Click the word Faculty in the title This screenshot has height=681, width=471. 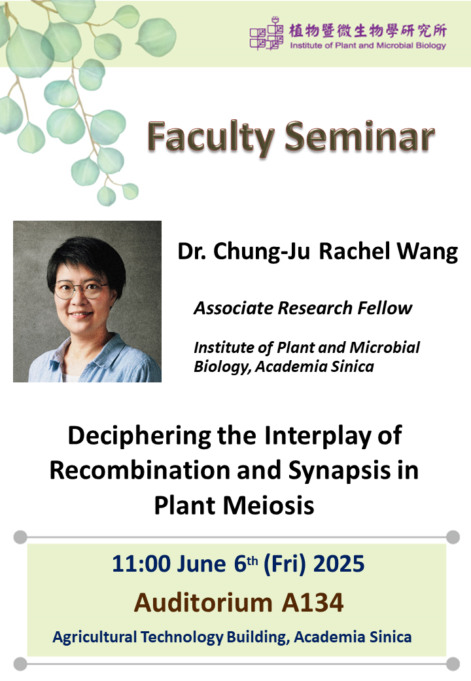tap(211, 138)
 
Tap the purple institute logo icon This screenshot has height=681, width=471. tap(266, 33)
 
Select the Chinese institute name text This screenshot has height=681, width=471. tap(368, 30)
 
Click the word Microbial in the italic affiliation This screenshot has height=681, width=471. tap(385, 347)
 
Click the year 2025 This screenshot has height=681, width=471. tap(339, 564)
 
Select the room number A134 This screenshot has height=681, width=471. tap(313, 603)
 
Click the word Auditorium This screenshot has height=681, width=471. tap(203, 603)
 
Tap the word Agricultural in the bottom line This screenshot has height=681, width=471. tap(95, 637)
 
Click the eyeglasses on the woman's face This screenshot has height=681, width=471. tap(82, 289)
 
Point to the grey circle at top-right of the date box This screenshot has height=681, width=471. tap(453, 537)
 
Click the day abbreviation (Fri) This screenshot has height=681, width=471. tap(285, 564)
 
